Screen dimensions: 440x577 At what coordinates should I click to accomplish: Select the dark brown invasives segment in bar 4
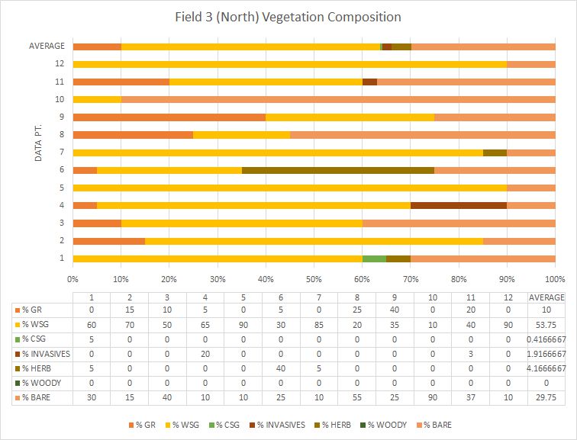click(459, 204)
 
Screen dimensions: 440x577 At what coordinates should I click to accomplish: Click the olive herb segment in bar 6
click(338, 169)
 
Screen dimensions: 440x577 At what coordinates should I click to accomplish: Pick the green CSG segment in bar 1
click(374, 258)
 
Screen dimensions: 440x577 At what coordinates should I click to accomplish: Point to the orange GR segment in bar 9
click(169, 117)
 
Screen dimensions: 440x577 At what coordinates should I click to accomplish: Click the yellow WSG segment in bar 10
click(97, 99)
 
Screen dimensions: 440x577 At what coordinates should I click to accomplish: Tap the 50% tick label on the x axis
click(314, 278)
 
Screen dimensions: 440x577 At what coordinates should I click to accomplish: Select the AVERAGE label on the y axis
click(47, 47)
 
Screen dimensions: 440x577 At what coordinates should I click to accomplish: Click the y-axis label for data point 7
click(61, 152)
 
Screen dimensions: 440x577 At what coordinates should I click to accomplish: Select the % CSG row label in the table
click(38, 339)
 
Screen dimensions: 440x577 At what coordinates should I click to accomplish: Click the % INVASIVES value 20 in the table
click(205, 354)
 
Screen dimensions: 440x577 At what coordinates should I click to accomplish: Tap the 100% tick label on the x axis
click(555, 278)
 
